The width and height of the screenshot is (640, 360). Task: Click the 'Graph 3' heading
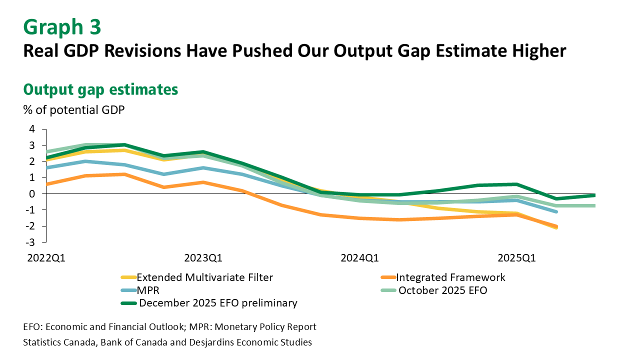pyautogui.click(x=62, y=27)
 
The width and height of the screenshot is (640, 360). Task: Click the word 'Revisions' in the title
pyautogui.click(x=142, y=51)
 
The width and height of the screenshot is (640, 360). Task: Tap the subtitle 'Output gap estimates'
pyautogui.click(x=100, y=89)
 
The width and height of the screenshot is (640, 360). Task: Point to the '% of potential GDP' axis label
pyautogui.click(x=74, y=110)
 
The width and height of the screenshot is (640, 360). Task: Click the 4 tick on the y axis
pyautogui.click(x=31, y=129)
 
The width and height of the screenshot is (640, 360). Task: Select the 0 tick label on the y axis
pyautogui.click(x=31, y=194)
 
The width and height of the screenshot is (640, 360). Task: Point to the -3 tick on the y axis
pyautogui.click(x=30, y=242)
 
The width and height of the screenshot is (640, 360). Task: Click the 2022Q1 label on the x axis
pyautogui.click(x=46, y=258)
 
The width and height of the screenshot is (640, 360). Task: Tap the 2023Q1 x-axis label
pyautogui.click(x=203, y=258)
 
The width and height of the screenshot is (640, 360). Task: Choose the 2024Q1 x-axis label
pyautogui.click(x=359, y=258)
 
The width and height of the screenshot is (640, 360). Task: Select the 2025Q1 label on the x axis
pyautogui.click(x=516, y=258)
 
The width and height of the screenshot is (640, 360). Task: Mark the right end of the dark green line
pyautogui.click(x=595, y=195)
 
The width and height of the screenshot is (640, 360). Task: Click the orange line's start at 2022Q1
pyautogui.click(x=46, y=184)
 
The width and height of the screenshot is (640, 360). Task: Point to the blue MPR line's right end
pyautogui.click(x=556, y=211)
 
